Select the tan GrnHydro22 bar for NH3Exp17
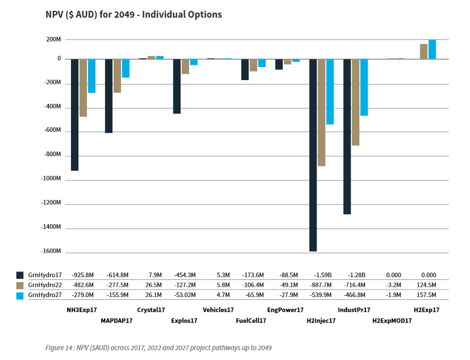pyautogui.click(x=83, y=88)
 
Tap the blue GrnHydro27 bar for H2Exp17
pyautogui.click(x=432, y=49)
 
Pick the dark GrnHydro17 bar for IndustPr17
pyautogui.click(x=347, y=136)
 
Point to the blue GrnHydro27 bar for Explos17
pyautogui.click(x=194, y=62)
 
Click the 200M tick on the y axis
pyautogui.click(x=53, y=40)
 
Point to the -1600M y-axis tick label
pyautogui.click(x=50, y=251)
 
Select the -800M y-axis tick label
pyautogui.click(x=51, y=154)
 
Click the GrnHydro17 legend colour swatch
pyautogui.click(x=20, y=274)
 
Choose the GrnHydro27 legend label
pyautogui.click(x=44, y=295)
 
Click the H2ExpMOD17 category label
pyautogui.click(x=392, y=320)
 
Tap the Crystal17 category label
pyautogui.click(x=151, y=310)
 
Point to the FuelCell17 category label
pyautogui.click(x=251, y=320)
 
